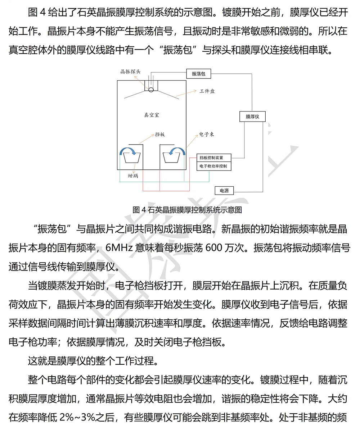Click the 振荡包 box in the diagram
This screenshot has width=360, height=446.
[x=198, y=74]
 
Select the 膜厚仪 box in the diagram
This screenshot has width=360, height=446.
[x=252, y=117]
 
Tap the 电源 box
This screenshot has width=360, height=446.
[x=224, y=191]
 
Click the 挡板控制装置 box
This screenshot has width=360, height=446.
[x=214, y=158]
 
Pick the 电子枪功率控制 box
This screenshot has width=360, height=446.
[x=214, y=166]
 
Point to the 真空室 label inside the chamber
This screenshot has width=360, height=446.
[x=151, y=115]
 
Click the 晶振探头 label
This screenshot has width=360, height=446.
[x=130, y=72]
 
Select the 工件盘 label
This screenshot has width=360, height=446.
[x=207, y=91]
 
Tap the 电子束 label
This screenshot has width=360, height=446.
[x=207, y=134]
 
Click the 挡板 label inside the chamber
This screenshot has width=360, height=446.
[x=160, y=135]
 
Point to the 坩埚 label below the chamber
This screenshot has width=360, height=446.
[x=133, y=176]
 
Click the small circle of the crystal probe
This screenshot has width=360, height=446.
[x=151, y=89]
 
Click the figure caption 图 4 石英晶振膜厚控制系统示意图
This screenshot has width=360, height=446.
[x=187, y=210]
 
